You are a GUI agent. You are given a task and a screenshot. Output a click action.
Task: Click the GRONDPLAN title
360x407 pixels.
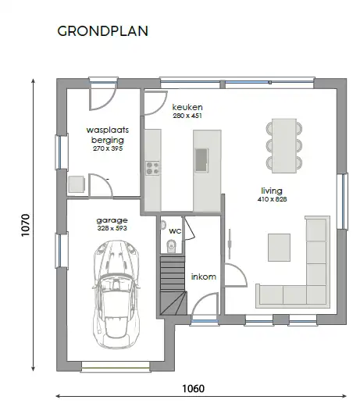[x=102, y=31]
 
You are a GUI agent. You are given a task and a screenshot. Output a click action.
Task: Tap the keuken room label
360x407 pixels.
[x=187, y=107]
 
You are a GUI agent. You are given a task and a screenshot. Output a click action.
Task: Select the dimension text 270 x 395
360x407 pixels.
[x=108, y=148]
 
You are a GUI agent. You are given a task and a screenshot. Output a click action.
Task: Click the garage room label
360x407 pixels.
[x=112, y=221]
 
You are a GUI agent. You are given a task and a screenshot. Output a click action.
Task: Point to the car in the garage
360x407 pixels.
[x=116, y=295]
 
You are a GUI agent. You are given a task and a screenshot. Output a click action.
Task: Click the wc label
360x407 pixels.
[x=175, y=230]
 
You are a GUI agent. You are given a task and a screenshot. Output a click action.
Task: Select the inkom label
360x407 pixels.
[x=204, y=277]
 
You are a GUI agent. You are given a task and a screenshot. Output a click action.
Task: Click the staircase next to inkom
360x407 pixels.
[x=173, y=285]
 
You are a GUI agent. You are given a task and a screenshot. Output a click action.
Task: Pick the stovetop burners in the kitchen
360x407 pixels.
[x=152, y=168]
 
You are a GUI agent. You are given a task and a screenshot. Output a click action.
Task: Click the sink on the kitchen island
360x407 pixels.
[x=201, y=160]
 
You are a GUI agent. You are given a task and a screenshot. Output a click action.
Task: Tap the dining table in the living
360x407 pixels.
[x=284, y=146]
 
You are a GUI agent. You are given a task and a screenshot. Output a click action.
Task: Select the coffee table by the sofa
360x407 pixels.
[x=279, y=248]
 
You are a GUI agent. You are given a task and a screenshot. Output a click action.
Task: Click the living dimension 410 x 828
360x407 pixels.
[x=272, y=199]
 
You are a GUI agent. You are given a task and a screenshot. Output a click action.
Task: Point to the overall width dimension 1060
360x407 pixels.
[x=194, y=388]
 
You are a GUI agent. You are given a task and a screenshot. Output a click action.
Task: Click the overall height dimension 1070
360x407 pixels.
[x=26, y=225]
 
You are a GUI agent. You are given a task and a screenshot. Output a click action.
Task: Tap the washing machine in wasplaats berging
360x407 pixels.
[x=77, y=184]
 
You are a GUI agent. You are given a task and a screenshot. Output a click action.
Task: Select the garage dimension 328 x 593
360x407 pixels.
[x=112, y=228]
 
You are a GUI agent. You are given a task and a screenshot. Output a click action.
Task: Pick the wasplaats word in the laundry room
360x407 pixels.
[x=108, y=130]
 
